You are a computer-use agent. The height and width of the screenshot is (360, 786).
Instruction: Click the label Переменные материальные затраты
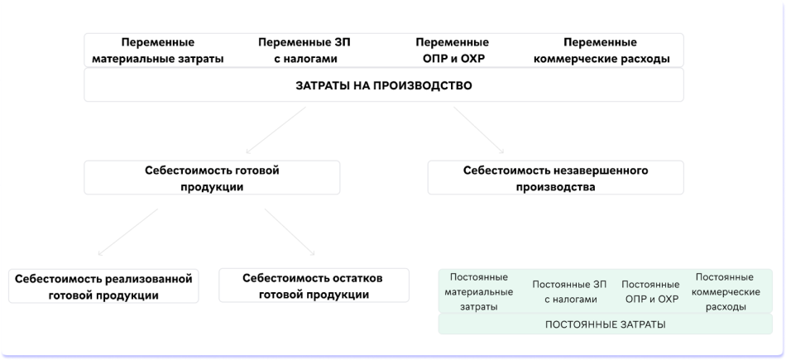tap(158, 50)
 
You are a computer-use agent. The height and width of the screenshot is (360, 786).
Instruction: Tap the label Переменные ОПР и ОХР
tap(452, 50)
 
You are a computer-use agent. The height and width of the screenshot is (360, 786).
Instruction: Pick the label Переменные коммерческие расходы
tap(600, 50)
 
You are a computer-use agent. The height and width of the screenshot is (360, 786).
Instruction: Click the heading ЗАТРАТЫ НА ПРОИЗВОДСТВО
tap(384, 85)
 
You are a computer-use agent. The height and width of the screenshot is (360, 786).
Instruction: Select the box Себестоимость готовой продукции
tap(212, 178)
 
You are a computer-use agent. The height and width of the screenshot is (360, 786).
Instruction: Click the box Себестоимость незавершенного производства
tap(555, 178)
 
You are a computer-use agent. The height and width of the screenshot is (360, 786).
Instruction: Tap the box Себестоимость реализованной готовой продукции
tap(103, 286)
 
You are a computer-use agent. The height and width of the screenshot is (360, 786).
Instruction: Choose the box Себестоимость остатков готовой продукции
tap(313, 286)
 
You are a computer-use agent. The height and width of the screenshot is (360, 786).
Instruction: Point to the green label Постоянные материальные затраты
tap(478, 291)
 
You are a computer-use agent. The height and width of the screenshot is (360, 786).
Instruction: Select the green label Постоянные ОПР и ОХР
tap(649, 291)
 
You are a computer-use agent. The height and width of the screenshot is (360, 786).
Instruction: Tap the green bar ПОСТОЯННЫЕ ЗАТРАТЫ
tap(606, 324)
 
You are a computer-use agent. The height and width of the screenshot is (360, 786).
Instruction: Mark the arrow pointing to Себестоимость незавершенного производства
tap(480, 130)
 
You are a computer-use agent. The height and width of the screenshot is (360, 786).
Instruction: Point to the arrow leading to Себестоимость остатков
tap(290, 232)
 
